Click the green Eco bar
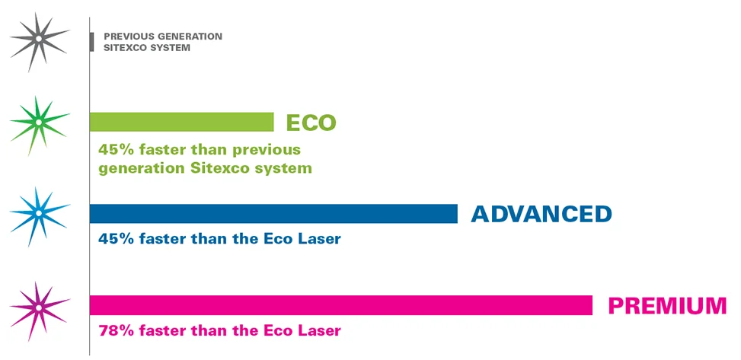[x=181, y=122]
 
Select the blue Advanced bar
[x=273, y=214]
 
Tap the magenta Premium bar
[x=340, y=305]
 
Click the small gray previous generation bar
[x=91, y=42]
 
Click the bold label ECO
[x=311, y=123]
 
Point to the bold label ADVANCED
[x=541, y=214]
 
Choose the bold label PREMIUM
[x=667, y=306]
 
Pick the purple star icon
[x=37, y=307]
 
